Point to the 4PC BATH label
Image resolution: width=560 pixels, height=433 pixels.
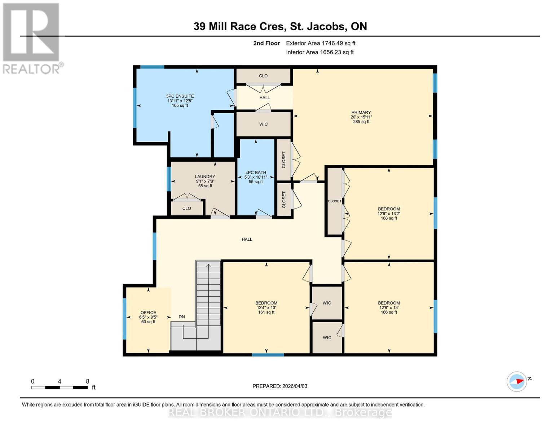tap(256, 177)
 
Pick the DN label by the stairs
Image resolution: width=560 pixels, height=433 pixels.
tap(182, 317)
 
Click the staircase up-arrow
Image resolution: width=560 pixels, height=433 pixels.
tap(208, 266)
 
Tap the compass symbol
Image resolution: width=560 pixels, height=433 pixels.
tap(517, 381)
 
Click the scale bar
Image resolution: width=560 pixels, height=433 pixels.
tap(59, 387)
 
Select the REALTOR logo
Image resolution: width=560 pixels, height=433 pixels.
tap(32, 38)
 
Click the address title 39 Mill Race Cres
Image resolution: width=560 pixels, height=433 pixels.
tap(280, 26)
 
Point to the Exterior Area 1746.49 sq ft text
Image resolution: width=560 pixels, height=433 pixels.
tap(321, 43)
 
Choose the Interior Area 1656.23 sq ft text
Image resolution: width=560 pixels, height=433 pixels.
tap(319, 52)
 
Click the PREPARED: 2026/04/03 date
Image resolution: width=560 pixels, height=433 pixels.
tap(280, 386)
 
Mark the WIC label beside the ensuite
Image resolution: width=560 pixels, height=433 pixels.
tap(263, 124)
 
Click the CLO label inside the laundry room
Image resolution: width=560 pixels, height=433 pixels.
tap(186, 208)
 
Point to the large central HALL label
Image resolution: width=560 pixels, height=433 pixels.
tap(247, 239)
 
